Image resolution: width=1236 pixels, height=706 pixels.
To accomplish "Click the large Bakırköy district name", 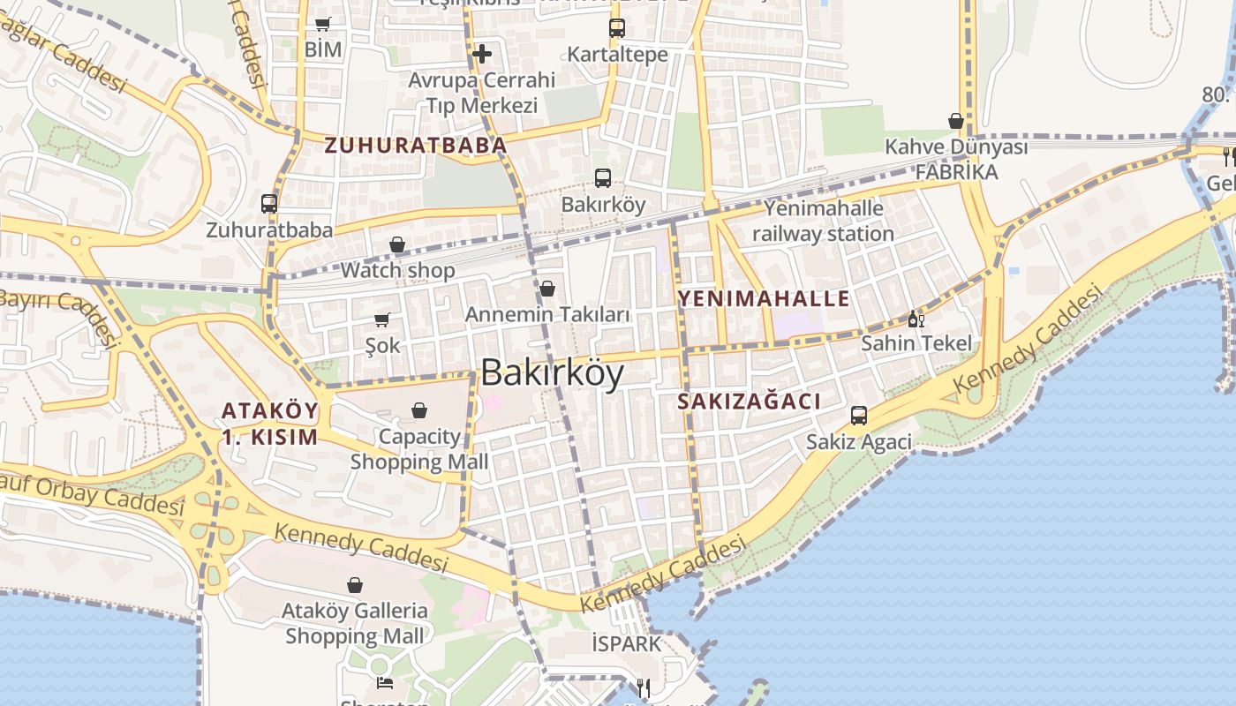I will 553,373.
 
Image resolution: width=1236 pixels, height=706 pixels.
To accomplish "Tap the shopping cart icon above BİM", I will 322,25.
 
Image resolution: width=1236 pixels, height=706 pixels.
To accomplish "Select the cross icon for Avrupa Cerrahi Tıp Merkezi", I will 482,54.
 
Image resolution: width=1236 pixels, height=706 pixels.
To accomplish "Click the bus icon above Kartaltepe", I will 617,28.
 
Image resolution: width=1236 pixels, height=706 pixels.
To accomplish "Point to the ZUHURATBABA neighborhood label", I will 415,146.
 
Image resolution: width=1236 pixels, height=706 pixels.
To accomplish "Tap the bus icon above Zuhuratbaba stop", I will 269,204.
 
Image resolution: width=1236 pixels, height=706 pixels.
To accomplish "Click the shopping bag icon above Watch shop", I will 397,244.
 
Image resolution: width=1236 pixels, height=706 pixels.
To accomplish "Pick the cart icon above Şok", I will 382,319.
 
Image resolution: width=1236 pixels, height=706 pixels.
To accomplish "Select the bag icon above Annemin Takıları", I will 547,289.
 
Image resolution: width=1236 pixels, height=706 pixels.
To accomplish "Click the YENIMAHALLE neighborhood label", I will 764,298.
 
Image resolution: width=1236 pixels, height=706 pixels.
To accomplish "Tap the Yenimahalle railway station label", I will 823,222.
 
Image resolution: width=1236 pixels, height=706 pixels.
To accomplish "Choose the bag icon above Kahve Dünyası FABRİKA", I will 956,121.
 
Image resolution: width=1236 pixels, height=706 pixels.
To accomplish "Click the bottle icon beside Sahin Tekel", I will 916,319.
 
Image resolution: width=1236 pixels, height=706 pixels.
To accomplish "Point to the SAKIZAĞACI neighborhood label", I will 749,402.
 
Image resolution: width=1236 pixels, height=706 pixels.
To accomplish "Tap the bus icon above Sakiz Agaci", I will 858,416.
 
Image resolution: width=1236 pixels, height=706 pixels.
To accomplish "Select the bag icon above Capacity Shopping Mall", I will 419,410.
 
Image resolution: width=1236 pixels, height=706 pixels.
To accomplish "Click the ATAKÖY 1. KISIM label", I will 269,424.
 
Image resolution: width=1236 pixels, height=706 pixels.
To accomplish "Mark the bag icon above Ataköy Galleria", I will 355,584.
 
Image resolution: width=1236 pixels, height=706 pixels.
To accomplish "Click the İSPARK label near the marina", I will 626,644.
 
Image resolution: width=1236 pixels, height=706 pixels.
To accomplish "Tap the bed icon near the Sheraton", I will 384,682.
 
